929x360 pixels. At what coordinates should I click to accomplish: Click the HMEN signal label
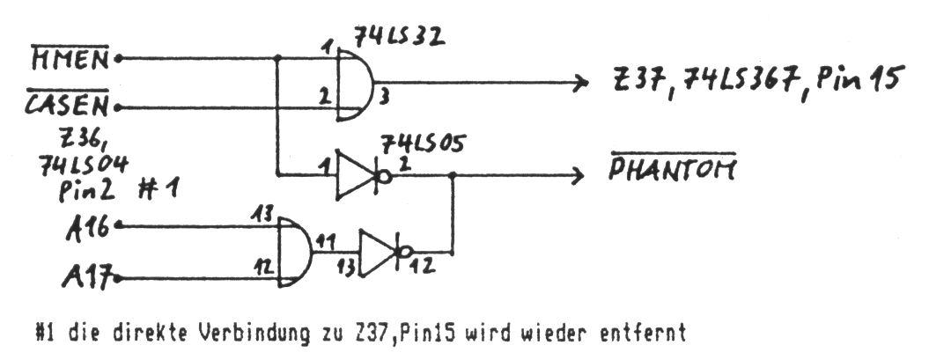70,59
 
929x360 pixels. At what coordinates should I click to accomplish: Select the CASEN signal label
70,106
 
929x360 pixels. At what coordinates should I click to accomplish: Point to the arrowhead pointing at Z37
579,84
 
